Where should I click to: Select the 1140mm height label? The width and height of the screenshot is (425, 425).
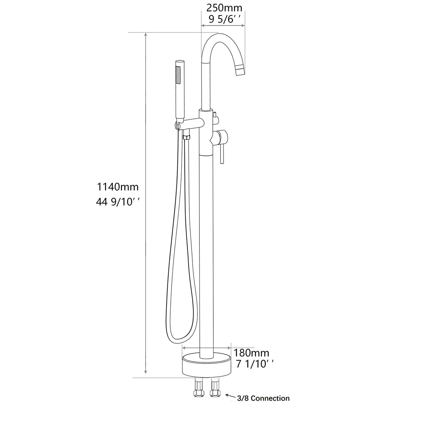118,187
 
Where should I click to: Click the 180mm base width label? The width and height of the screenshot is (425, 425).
251,353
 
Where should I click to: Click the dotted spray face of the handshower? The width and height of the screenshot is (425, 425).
178,75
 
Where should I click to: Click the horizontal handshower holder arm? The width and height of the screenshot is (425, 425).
190,124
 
